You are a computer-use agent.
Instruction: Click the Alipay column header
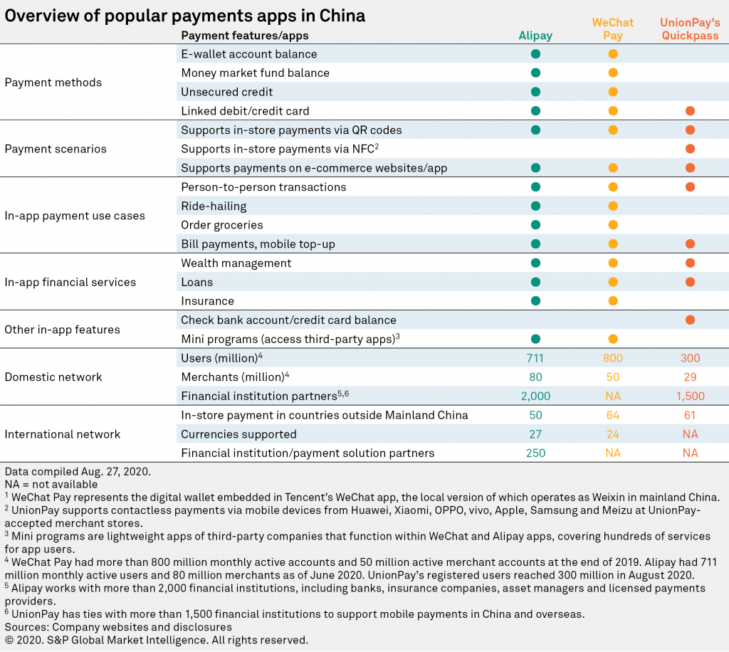click(535, 36)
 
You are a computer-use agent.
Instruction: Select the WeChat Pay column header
click(612, 29)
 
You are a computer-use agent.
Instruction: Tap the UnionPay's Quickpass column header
click(689, 29)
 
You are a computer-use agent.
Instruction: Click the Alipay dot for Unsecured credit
click(535, 92)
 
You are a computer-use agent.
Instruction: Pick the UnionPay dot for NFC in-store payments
click(689, 149)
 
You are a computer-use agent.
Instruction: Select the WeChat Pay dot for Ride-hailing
click(612, 206)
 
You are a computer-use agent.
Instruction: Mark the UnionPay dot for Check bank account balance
click(689, 320)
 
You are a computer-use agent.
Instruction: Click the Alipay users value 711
click(535, 358)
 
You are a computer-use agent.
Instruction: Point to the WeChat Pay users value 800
click(612, 358)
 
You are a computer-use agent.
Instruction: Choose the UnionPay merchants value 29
click(689, 377)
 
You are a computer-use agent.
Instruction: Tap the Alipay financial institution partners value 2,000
click(535, 396)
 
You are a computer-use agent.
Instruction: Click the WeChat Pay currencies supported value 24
click(612, 434)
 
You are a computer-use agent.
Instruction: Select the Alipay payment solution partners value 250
click(535, 453)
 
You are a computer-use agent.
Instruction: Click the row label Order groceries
click(222, 225)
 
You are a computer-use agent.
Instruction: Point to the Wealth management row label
click(236, 263)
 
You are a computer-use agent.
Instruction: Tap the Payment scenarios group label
click(56, 149)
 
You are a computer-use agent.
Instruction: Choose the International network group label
click(63, 434)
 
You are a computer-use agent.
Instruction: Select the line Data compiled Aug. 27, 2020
click(69, 472)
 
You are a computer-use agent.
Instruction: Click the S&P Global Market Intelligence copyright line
click(157, 640)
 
